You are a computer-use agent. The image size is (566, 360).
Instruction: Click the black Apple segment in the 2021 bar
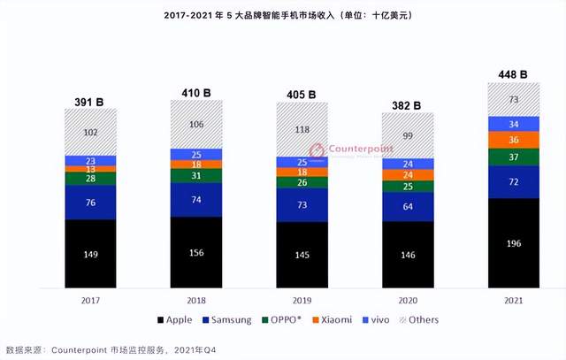513,243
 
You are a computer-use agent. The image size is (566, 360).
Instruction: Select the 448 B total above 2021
513,75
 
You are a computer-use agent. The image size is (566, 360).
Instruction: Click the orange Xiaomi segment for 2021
513,140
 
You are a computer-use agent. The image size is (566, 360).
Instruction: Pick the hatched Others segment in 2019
302,129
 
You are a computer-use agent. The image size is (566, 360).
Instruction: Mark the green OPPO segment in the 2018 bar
195,176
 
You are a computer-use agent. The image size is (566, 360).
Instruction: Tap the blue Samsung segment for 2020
407,207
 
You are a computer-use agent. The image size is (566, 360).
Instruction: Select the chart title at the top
282,16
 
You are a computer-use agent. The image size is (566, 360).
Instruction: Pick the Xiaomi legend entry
340,319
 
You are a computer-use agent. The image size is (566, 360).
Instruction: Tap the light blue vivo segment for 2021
513,124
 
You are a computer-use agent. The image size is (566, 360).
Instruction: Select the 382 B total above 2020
407,104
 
